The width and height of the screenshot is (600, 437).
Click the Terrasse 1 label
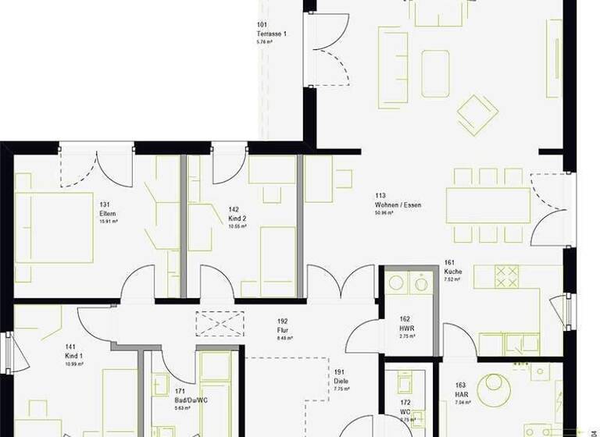coord(271,34)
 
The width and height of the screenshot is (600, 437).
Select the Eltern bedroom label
coord(107,214)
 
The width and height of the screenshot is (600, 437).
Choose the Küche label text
coord(453,272)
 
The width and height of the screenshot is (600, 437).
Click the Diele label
coord(340,382)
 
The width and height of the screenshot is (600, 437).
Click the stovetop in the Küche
coord(507,275)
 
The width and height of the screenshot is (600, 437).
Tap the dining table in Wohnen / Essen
coord(488,204)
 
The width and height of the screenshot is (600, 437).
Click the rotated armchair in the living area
coord(477,115)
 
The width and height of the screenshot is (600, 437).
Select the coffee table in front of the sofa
coord(435,73)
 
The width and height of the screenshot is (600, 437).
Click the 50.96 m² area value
coord(387,212)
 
